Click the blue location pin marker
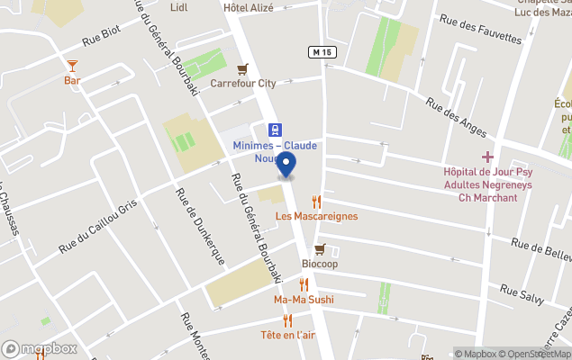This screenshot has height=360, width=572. click(x=286, y=165)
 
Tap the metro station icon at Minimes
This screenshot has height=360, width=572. click(x=275, y=130)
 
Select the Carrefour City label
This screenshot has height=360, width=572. click(x=242, y=84)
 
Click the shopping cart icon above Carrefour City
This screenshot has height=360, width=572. click(x=242, y=68)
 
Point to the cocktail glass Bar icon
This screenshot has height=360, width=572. click(x=72, y=66)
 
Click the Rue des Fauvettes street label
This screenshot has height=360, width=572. click(x=480, y=30)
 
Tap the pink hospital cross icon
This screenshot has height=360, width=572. click(x=487, y=157)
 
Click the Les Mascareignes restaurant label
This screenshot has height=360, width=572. click(x=316, y=216)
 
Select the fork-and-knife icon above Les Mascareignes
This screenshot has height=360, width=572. click(x=316, y=202)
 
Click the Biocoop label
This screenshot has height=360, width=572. click(x=319, y=264)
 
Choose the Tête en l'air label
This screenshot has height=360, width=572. click(x=287, y=335)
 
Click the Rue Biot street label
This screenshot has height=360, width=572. click(x=101, y=35)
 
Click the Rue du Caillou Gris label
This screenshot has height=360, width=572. click(x=97, y=224)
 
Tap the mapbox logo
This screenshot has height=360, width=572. click(x=40, y=348)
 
